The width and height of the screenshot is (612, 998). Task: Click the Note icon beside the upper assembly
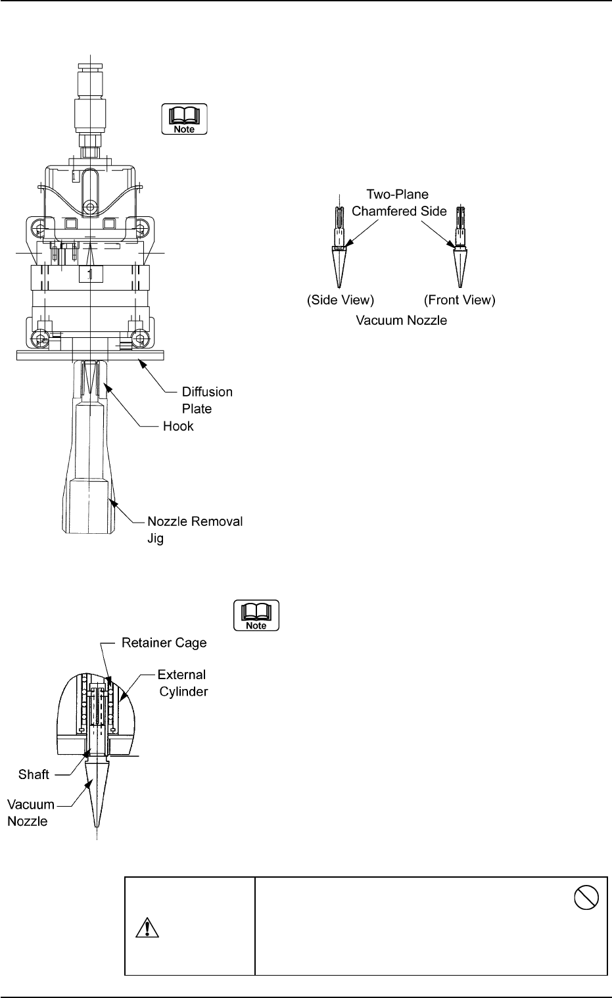(185, 120)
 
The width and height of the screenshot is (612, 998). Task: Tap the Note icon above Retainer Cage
(256, 615)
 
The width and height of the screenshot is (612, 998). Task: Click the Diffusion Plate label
(206, 400)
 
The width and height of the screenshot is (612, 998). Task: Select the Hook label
(178, 426)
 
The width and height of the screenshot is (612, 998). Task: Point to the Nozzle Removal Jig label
(195, 529)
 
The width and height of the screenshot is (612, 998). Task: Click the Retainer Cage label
(164, 642)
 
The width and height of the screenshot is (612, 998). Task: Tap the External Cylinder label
(181, 683)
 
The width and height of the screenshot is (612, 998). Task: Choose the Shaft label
(34, 774)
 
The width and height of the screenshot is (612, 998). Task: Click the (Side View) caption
(341, 300)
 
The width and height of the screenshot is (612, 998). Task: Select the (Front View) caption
(459, 300)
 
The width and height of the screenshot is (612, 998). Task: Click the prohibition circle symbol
(586, 897)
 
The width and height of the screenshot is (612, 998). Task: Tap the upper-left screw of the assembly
(41, 231)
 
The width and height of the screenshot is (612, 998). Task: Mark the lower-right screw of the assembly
(139, 339)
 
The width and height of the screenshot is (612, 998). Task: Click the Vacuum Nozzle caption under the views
(401, 321)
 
